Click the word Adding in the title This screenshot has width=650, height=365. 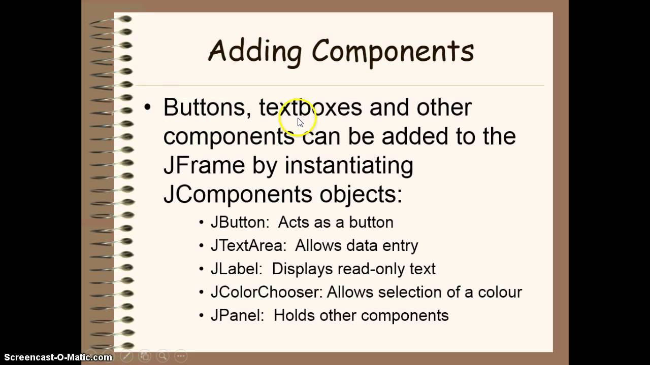254,52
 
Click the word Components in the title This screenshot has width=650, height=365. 393,51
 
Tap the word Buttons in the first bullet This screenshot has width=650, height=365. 204,107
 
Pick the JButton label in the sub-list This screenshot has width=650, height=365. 240,223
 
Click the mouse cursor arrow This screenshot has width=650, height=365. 300,122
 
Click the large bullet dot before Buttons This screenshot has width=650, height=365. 148,107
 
